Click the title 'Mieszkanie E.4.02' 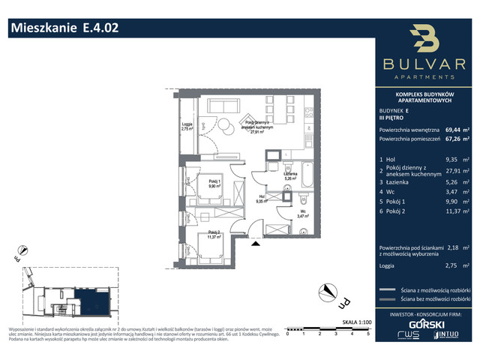point(64,28)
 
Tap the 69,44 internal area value point(453,127)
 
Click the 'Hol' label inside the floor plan point(262,199)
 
